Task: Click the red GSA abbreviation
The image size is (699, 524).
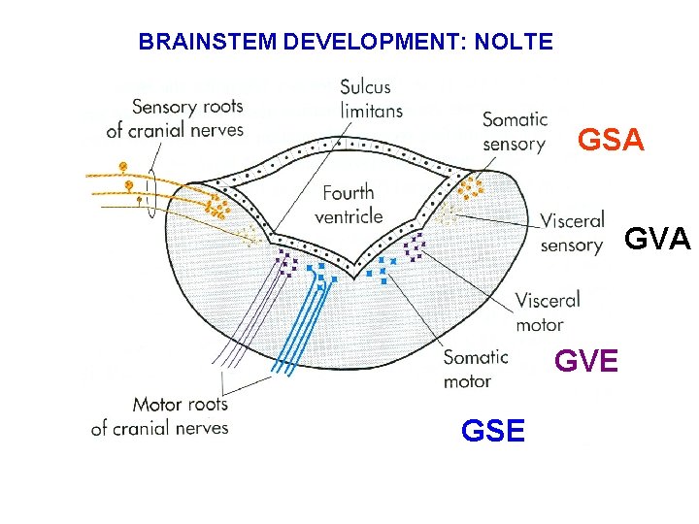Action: click(x=611, y=141)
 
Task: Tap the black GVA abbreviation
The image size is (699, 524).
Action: click(x=656, y=239)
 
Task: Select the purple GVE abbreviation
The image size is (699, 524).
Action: click(x=585, y=362)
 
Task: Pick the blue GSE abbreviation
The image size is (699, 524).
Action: click(x=493, y=431)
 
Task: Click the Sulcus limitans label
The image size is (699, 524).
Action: click(x=370, y=98)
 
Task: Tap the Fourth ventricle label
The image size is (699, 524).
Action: click(x=348, y=204)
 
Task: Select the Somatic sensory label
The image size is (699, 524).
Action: click(x=515, y=132)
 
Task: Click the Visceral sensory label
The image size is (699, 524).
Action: click(x=572, y=232)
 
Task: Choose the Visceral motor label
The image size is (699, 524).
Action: click(x=547, y=311)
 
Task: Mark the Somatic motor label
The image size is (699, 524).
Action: click(x=475, y=369)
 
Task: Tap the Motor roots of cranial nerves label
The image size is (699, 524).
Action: click(x=159, y=415)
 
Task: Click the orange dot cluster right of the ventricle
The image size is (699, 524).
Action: click(x=471, y=187)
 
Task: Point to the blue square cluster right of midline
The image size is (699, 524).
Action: click(x=385, y=269)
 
